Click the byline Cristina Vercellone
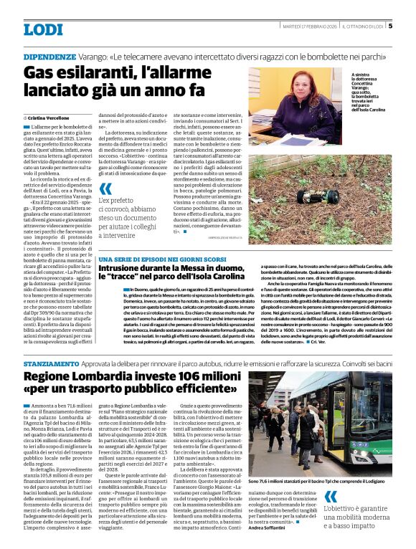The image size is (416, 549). pyautogui.click(x=55, y=117)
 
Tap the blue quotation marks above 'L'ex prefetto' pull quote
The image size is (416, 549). pyautogui.click(x=105, y=189)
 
